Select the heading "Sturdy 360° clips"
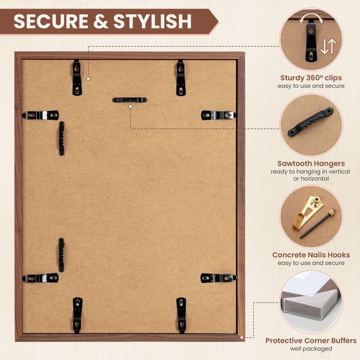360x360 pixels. [312, 77]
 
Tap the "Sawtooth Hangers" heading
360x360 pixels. [312, 163]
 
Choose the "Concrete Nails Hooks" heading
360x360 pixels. [312, 255]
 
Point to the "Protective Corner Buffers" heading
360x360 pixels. [312, 341]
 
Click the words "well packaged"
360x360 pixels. [312, 349]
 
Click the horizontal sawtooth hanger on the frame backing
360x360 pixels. [130, 99]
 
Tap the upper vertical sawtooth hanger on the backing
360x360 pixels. [61, 138]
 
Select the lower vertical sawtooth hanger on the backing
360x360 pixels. [61, 255]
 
